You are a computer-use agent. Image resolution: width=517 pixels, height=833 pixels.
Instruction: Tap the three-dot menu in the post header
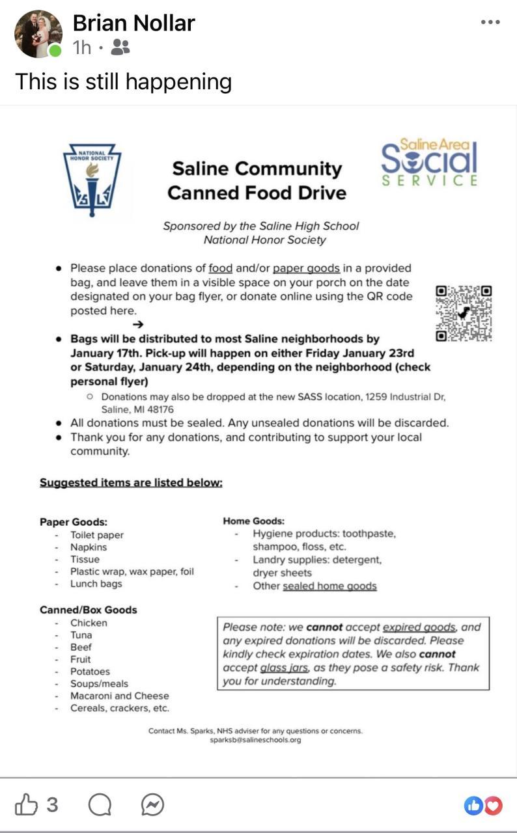(490, 22)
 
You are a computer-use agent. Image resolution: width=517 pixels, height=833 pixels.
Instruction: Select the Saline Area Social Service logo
(430, 163)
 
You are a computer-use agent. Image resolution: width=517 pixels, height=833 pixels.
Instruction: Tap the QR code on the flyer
(463, 313)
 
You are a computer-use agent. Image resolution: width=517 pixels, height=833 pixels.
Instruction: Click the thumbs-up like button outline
(27, 805)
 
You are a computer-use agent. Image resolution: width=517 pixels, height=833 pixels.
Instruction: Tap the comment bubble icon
(100, 806)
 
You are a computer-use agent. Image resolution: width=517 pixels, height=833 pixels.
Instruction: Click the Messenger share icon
(152, 806)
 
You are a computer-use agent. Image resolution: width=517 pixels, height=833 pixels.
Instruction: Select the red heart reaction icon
(494, 806)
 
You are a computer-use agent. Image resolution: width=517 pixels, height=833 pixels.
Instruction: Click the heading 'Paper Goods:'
(74, 521)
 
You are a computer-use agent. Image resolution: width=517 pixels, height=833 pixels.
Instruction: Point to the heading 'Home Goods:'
(253, 521)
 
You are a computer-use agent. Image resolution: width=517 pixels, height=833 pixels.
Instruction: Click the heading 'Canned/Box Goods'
(88, 610)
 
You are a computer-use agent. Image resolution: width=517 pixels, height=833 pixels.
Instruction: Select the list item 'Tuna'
(81, 635)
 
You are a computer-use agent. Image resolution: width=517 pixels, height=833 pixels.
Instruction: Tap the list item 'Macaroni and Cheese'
(119, 696)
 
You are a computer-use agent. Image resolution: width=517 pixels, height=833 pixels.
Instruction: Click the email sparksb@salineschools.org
(255, 740)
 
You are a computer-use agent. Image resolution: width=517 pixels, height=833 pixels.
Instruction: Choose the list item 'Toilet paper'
(97, 535)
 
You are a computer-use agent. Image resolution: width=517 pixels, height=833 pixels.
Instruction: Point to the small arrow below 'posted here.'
(137, 324)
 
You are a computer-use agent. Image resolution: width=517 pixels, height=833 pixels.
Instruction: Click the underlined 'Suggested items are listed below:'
(131, 482)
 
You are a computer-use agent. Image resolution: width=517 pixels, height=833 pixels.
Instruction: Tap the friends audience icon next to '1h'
(120, 47)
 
